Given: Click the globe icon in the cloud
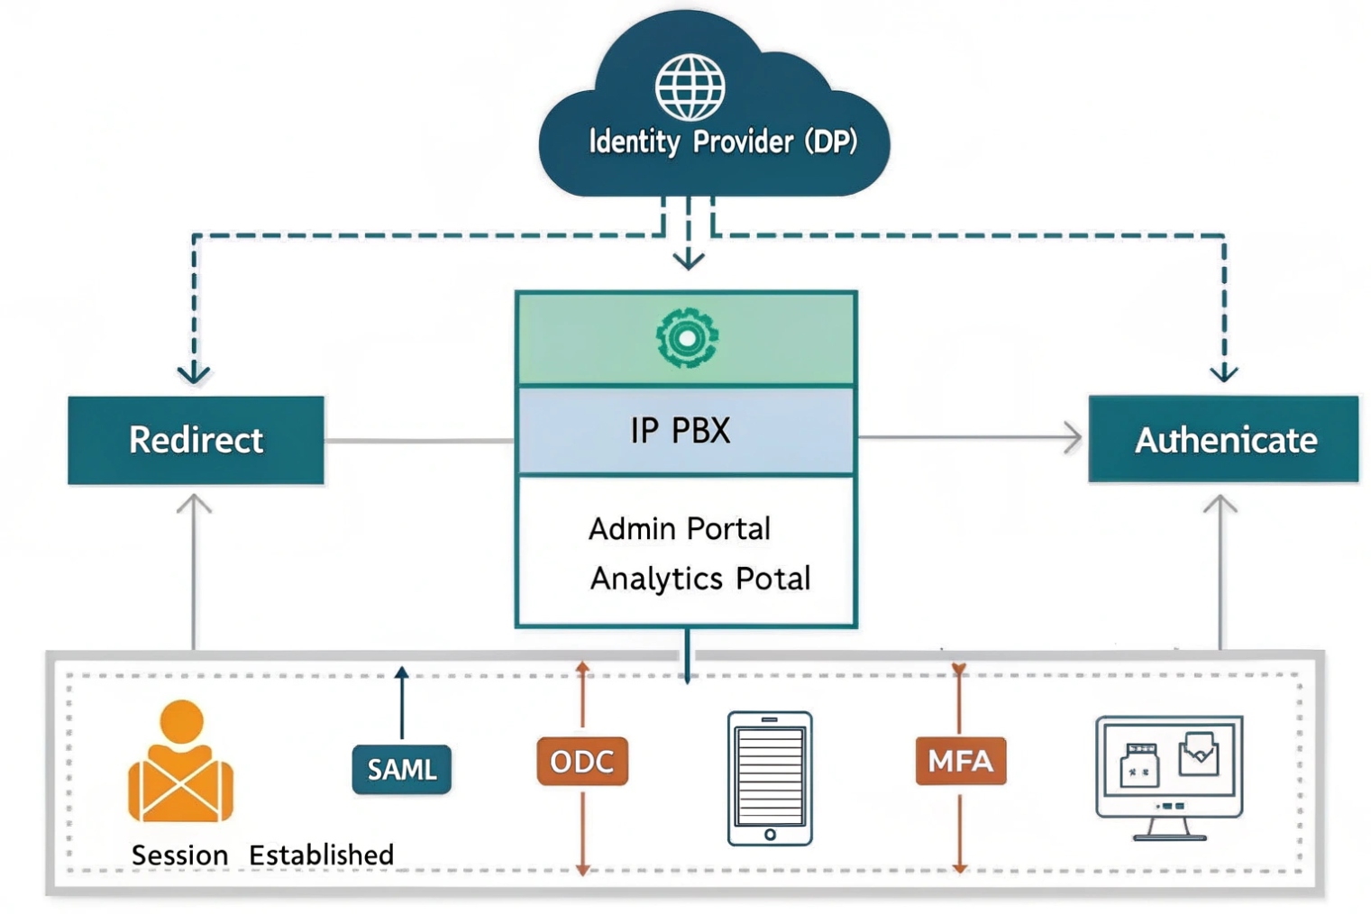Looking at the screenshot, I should (x=690, y=87).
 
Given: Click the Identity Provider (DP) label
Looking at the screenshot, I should (x=722, y=142).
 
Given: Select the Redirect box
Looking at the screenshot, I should (x=196, y=440).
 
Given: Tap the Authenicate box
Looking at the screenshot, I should (x=1223, y=440).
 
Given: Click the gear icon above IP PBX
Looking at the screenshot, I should (x=687, y=338).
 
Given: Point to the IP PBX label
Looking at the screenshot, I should (x=681, y=431).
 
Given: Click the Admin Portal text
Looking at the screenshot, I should (x=680, y=528).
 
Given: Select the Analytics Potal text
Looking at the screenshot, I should (x=700, y=578).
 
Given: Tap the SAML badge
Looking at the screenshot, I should (x=401, y=769).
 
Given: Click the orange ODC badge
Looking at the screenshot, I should (x=582, y=762).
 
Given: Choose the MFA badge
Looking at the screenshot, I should (x=960, y=762).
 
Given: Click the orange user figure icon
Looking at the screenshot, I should (x=181, y=763).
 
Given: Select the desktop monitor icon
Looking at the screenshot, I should (x=1169, y=776).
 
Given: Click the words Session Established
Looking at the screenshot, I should (x=262, y=855).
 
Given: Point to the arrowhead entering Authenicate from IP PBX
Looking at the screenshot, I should (x=1074, y=438).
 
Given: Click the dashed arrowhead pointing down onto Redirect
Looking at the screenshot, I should (x=194, y=373).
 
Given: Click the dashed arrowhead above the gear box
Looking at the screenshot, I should (x=689, y=260).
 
